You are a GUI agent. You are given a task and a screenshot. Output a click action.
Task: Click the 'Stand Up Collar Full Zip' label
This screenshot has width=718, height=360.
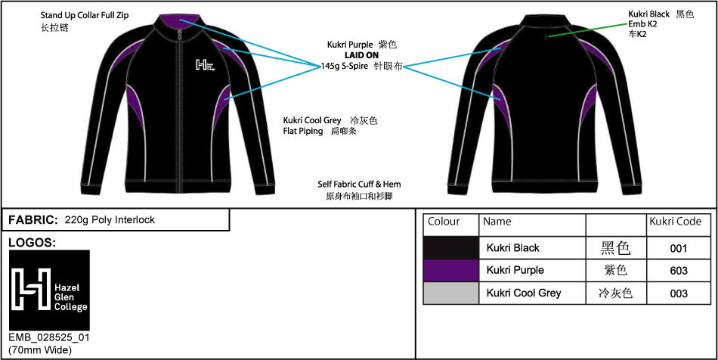[x=85, y=15]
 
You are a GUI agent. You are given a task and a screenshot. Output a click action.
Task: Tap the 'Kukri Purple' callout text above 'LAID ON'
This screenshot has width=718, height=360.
[x=350, y=45]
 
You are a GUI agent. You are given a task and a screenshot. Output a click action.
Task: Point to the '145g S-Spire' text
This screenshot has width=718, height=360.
[x=344, y=67]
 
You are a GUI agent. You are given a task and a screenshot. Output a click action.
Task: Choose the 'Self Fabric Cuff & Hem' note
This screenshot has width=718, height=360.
[x=359, y=184]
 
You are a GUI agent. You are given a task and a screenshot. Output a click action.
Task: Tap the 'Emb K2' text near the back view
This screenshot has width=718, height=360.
[x=642, y=24]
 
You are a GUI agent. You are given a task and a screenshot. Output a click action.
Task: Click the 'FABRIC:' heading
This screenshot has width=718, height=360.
[x=32, y=220]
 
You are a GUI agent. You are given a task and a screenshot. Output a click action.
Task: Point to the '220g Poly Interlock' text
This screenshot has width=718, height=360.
[x=110, y=220]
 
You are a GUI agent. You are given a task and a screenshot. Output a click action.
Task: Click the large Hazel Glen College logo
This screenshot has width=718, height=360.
[x=49, y=290]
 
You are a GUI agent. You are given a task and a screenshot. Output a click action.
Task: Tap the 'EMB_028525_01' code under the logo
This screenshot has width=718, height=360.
[x=48, y=337]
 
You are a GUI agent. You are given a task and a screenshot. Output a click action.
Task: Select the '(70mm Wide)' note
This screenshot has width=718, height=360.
[x=40, y=349]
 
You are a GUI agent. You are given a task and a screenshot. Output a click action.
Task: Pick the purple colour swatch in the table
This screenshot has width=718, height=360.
[x=450, y=270]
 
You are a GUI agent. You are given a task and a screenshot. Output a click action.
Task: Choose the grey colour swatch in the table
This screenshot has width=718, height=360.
[x=450, y=293]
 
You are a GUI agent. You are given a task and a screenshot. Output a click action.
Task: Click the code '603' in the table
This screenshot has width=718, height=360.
[x=679, y=270]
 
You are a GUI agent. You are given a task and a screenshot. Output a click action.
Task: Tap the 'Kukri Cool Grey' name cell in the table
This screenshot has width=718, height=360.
[x=523, y=293]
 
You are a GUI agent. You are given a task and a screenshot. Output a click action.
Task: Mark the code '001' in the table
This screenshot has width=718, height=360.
[x=679, y=247]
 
